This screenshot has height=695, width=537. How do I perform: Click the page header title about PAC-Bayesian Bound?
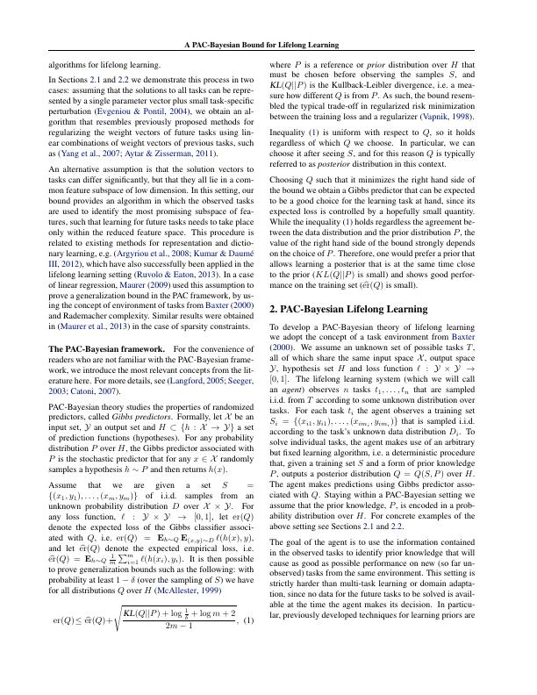[x=268, y=44]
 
